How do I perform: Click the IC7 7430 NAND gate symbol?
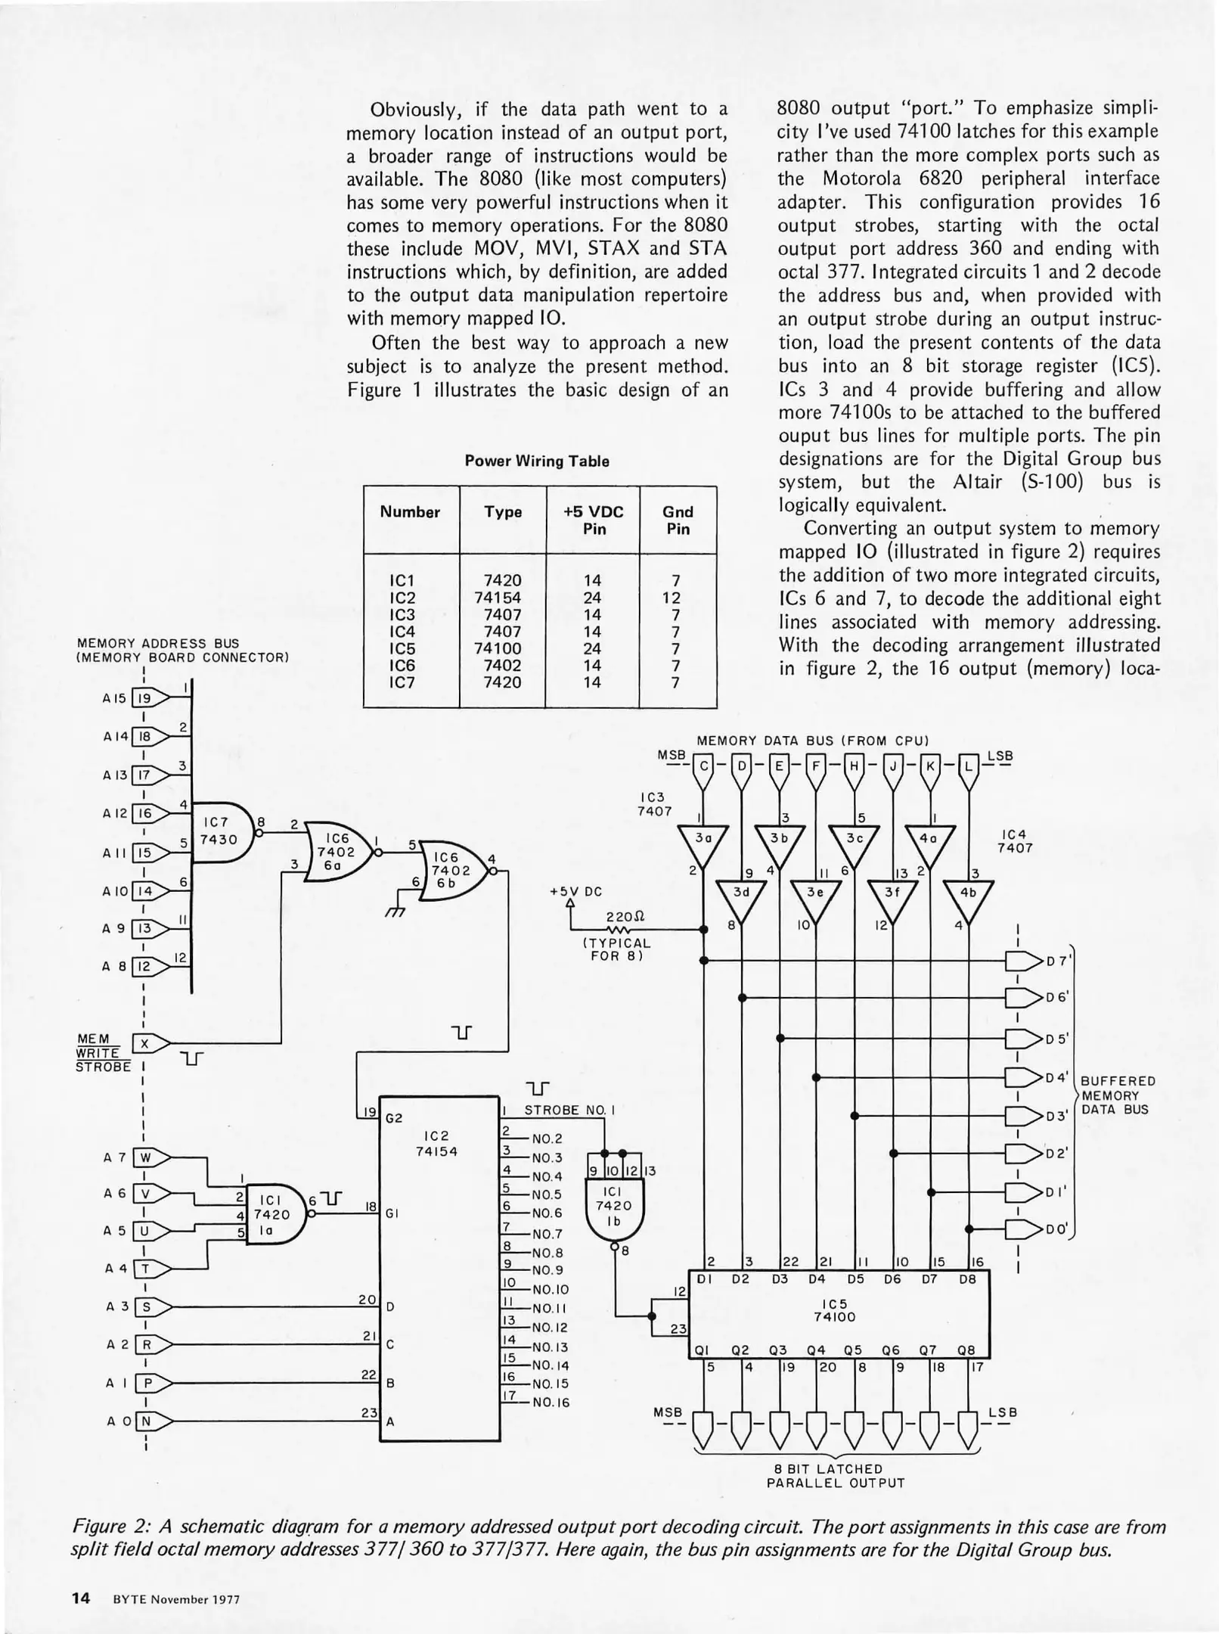[x=222, y=832]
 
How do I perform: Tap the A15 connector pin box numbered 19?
[x=143, y=698]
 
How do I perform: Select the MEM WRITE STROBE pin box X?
[x=143, y=1044]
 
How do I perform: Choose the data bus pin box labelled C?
[x=704, y=766]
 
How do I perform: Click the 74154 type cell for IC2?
[x=502, y=597]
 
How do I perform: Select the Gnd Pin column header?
[x=678, y=520]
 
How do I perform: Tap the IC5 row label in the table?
[x=402, y=648]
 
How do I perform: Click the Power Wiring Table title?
[x=537, y=461]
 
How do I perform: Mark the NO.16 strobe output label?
[x=551, y=1402]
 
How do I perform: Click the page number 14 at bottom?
[x=81, y=1598]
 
